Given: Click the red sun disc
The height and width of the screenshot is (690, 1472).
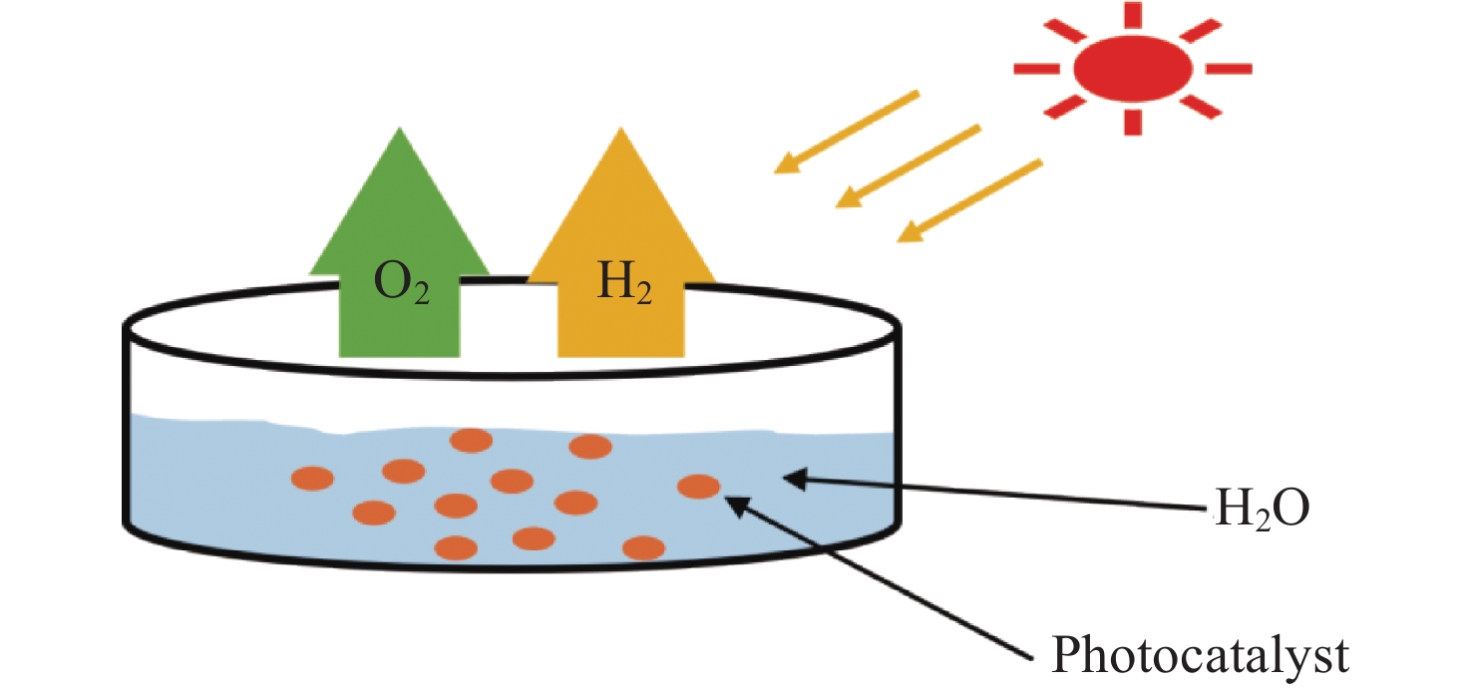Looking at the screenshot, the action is pyautogui.click(x=1132, y=69).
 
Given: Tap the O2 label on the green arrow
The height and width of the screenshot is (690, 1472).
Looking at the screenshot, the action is pyautogui.click(x=402, y=283).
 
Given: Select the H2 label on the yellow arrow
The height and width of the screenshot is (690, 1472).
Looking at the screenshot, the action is pyautogui.click(x=624, y=282).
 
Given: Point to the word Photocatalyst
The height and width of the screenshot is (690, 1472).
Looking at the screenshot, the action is pyautogui.click(x=1200, y=654).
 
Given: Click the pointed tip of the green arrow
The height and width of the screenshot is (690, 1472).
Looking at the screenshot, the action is pyautogui.click(x=400, y=129).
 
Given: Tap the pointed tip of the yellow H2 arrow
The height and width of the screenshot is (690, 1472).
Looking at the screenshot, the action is pyautogui.click(x=621, y=129).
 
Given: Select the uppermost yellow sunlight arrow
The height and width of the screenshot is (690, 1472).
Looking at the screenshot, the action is pyautogui.click(x=847, y=132).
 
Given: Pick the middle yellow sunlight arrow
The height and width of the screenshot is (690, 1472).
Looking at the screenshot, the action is pyautogui.click(x=909, y=167).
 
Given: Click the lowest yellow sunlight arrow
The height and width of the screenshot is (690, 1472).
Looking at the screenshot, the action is pyautogui.click(x=970, y=200).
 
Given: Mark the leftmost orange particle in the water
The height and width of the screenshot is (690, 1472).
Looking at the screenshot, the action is pyautogui.click(x=312, y=479).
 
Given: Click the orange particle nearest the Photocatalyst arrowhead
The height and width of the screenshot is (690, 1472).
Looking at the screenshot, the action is pyautogui.click(x=698, y=487).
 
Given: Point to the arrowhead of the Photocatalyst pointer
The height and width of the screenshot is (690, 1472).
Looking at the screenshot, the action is pyautogui.click(x=736, y=506).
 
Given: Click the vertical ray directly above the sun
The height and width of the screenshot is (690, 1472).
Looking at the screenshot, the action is pyautogui.click(x=1132, y=15).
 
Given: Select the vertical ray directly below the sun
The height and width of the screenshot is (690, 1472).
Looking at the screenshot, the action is pyautogui.click(x=1132, y=123).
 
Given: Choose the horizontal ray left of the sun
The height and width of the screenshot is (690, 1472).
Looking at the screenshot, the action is pyautogui.click(x=1036, y=69).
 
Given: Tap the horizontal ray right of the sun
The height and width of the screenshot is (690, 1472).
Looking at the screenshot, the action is pyautogui.click(x=1229, y=69).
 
